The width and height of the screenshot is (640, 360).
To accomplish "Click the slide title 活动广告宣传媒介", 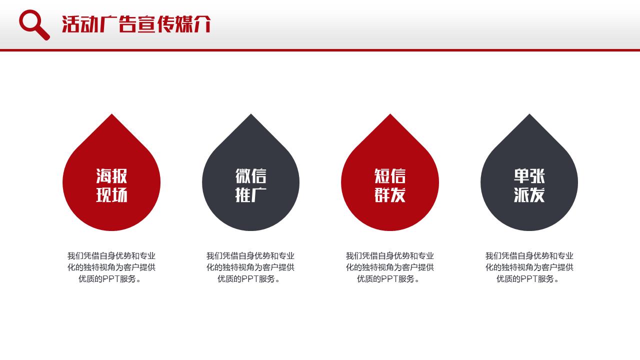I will point(136,24).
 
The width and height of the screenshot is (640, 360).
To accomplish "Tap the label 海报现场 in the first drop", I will point(111,185).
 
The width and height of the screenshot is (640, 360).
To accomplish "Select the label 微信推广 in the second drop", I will point(251,185).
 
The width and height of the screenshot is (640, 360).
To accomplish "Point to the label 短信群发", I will point(390,185).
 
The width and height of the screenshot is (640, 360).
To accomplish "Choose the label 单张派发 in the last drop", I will point(529,185).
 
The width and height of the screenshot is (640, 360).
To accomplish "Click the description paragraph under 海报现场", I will point(111,267).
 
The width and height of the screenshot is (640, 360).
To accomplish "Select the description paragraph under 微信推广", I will point(250,267).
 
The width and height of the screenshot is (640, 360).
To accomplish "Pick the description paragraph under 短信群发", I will point(390,267).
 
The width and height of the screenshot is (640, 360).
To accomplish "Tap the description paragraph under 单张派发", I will point(529,267).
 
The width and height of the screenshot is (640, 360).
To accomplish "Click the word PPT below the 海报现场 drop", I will point(111,279).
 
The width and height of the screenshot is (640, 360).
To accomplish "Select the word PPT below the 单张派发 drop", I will point(529,279).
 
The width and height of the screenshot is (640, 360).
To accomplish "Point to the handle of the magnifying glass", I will point(43,33).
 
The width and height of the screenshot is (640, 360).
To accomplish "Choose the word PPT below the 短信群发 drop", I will point(389,279).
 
